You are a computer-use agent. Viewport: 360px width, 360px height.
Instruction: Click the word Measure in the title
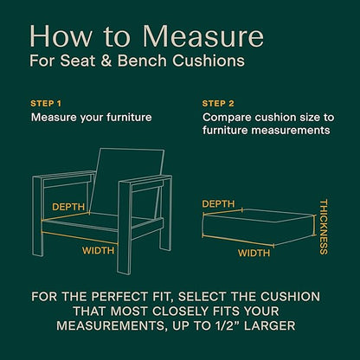[x=203, y=36]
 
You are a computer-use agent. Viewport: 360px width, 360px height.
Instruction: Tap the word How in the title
[x=61, y=36]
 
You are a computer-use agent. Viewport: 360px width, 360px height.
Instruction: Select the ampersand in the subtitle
[x=106, y=61]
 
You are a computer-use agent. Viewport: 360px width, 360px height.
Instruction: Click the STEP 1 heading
[x=46, y=104]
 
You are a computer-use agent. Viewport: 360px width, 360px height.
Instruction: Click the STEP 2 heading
[x=218, y=104]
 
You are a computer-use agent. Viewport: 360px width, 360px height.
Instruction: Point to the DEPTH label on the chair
[x=68, y=207]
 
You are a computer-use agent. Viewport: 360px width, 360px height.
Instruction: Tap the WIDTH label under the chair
[x=98, y=250]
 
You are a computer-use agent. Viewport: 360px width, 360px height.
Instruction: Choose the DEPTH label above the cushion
[x=218, y=204]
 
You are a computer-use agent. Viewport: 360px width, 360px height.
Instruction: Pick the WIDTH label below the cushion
[x=254, y=253]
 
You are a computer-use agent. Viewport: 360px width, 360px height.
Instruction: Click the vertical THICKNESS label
[x=324, y=227]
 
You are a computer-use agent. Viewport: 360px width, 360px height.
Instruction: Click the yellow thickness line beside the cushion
[x=314, y=225]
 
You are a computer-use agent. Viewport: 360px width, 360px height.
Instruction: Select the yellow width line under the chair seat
[x=80, y=238]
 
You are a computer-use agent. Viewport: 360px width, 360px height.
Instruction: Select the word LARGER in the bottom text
[x=269, y=325]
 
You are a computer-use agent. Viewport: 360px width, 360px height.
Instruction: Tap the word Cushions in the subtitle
[x=209, y=61]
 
